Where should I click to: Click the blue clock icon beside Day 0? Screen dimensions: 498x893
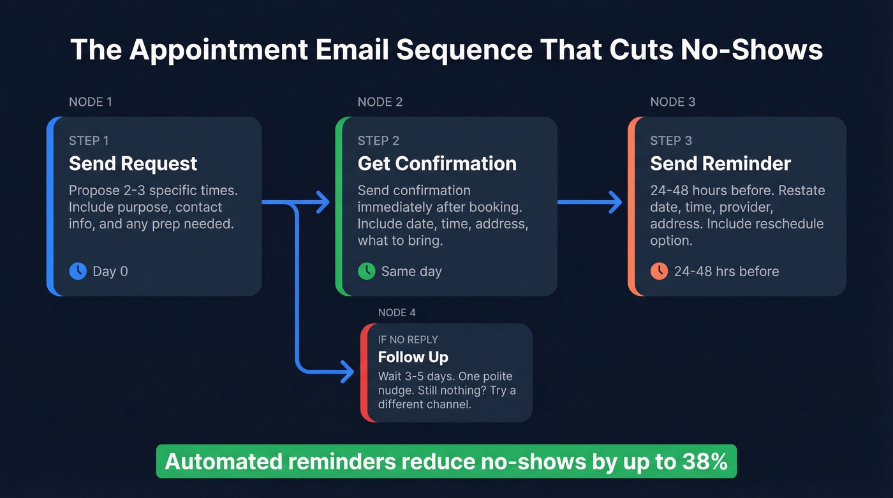[78, 271]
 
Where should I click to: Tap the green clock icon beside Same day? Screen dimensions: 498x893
[366, 271]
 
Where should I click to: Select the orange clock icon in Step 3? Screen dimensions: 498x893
[659, 271]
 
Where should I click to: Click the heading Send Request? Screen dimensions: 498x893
[133, 164]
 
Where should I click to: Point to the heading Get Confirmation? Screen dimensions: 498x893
[437, 164]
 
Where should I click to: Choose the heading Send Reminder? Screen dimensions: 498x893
[720, 164]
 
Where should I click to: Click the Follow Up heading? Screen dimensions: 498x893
[413, 357]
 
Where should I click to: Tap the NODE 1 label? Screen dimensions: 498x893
[90, 102]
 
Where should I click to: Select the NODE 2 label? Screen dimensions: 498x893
[380, 102]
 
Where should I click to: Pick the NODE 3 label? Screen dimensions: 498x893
[672, 102]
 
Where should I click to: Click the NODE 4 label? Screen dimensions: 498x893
[397, 312]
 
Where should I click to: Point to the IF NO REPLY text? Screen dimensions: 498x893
[408, 340]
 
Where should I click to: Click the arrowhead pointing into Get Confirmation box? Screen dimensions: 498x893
[323, 203]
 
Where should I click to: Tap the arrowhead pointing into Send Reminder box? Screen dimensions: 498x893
[616, 203]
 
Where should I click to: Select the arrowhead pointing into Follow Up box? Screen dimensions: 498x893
[348, 372]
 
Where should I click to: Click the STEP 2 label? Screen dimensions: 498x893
[378, 141]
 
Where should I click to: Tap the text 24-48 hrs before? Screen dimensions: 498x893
[726, 272]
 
